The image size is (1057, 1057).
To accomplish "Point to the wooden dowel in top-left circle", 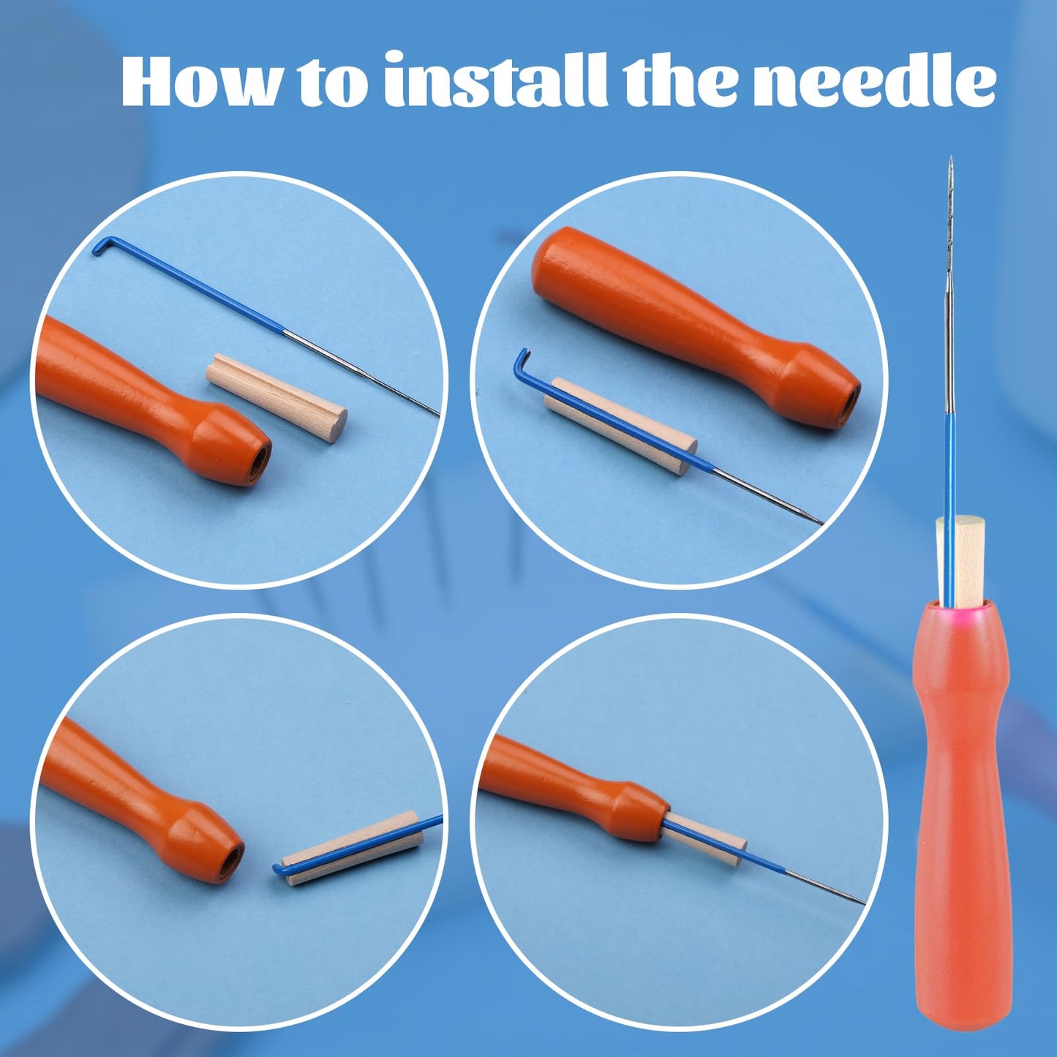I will point(277,397).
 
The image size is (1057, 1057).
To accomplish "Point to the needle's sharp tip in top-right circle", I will point(820,522).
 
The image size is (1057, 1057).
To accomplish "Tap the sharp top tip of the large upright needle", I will point(950,159).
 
